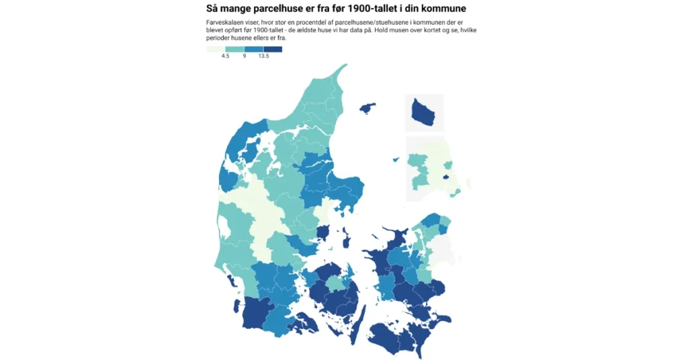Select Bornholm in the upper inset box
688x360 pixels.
coord(425,113)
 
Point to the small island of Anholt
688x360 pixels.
coord(395,159)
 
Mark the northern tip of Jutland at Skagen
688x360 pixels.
coord(345,66)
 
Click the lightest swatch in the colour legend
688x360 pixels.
coord(216,49)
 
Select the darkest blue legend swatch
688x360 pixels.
coord(273,49)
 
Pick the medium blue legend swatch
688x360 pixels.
coord(254,49)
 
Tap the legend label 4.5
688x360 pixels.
coord(225,56)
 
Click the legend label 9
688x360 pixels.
coord(245,56)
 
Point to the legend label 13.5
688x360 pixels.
coord(263,56)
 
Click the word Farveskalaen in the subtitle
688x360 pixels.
coord(224,23)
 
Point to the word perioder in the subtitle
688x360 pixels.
coord(220,38)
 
